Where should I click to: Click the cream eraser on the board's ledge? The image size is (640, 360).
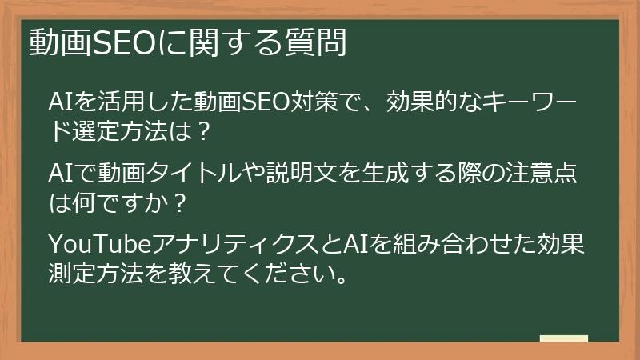tap(563, 338)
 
